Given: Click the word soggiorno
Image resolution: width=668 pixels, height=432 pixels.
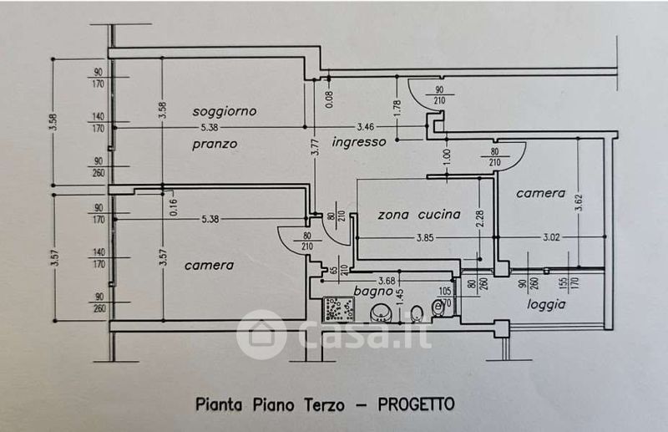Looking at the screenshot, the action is (x=224, y=110).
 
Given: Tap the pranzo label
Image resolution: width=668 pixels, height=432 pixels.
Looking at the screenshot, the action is (x=214, y=144).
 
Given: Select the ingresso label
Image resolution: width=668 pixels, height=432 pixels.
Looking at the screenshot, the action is (x=359, y=142).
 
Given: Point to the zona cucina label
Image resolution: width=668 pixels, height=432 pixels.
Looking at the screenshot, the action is (x=418, y=215).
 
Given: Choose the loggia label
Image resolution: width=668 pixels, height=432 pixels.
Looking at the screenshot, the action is (x=546, y=304).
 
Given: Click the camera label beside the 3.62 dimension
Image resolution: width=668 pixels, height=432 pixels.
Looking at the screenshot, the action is (x=540, y=193).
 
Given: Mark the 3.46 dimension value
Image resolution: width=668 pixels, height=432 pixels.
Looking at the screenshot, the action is (x=365, y=126).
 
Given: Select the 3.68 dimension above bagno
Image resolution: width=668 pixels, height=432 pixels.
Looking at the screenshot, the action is (x=387, y=279).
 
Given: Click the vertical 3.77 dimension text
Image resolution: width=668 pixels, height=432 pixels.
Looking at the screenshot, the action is (x=316, y=147).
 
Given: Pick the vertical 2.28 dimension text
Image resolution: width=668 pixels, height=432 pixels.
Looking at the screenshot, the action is (x=478, y=219).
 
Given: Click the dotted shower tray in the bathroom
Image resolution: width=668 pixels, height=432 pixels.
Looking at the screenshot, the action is (x=340, y=311).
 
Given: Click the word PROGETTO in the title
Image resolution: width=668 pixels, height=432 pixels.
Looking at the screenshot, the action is (x=416, y=404).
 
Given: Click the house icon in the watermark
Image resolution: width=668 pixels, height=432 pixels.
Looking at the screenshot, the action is (x=261, y=335).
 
